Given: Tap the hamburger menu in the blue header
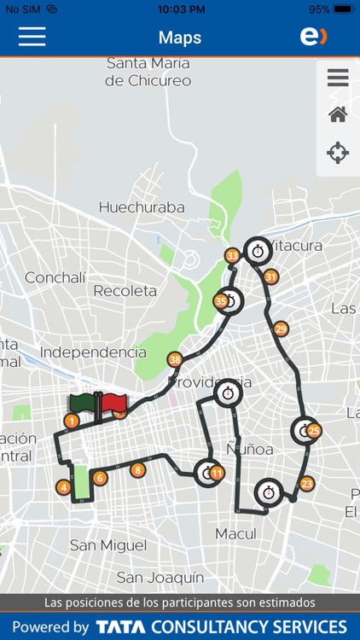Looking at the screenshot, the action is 32,37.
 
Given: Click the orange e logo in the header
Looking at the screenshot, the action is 313,37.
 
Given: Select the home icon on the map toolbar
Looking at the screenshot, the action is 338,114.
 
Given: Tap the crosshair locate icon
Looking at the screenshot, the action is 338,154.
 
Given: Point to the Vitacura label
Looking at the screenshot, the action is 297,246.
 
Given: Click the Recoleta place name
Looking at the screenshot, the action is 125,291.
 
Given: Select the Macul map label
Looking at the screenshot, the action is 236,533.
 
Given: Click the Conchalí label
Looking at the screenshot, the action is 55,277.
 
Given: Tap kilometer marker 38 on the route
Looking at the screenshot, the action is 175,359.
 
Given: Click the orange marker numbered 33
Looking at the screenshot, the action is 232,256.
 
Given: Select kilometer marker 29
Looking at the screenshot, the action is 281,329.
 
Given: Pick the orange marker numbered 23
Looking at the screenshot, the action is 307,484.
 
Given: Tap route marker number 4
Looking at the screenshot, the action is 62,487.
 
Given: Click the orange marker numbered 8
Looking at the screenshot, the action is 137,469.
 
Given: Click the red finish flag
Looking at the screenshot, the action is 114,404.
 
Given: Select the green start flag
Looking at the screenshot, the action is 84,404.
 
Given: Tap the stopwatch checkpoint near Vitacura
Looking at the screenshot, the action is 258,251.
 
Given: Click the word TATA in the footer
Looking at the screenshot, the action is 120,627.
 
